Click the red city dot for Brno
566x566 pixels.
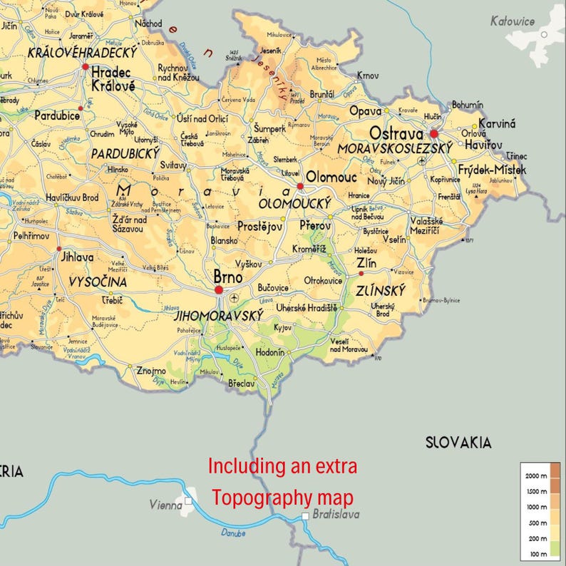tap(219, 290)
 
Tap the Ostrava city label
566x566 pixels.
tap(396, 133)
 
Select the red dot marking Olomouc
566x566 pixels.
tap(300, 186)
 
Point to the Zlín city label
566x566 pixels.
tap(366, 263)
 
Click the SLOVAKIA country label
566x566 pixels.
tap(458, 442)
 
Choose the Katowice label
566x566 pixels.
tap(512, 21)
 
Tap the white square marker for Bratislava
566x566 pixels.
tap(305, 515)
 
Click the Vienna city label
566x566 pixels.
tap(166, 505)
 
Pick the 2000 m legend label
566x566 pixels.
tap(537, 475)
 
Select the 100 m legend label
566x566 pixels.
tap(538, 553)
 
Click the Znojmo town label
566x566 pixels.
tap(151, 371)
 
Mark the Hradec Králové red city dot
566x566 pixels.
tap(86, 67)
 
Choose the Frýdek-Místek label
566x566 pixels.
tap(492, 170)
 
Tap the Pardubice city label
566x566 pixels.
tap(57, 114)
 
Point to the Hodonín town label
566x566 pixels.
tap(269, 352)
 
